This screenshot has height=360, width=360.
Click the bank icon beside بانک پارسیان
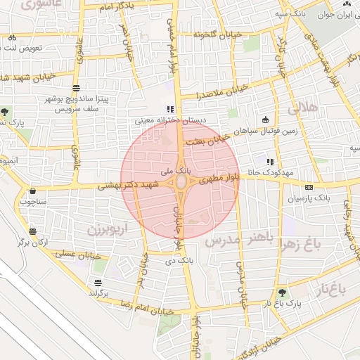[x=309, y=187]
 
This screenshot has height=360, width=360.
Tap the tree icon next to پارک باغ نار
[x=282, y=292]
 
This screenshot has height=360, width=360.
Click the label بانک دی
[x=179, y=261]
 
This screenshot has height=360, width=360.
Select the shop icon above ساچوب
[x=32, y=191]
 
